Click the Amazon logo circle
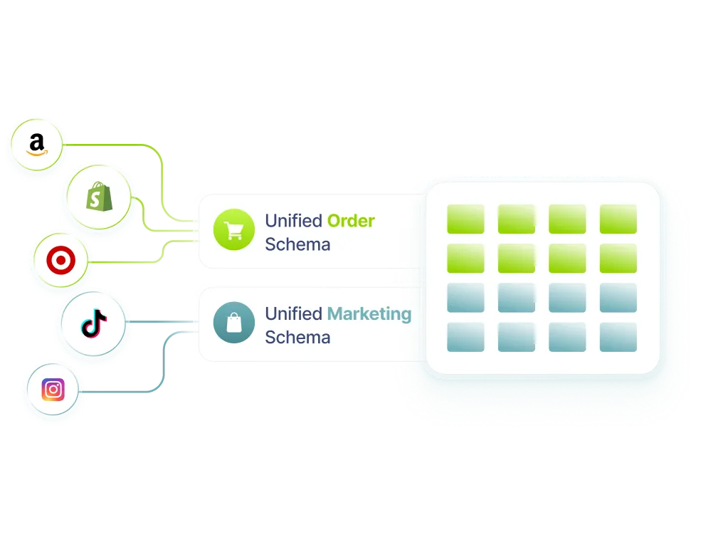coord(36,145)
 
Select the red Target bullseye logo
coord(60,261)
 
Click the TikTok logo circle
coord(93,324)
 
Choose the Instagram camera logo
coord(53,389)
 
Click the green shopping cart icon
coord(233,231)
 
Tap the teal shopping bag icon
coord(233,323)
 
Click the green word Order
coord(350,221)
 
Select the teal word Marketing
coord(369,313)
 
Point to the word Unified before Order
coord(293,221)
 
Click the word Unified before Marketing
coord(293,313)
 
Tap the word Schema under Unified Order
coord(297,245)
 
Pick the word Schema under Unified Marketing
coord(297,338)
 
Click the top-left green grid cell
coord(465,219)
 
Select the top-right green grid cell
coord(618,219)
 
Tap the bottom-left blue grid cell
coord(465,337)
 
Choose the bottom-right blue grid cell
coord(618,337)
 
